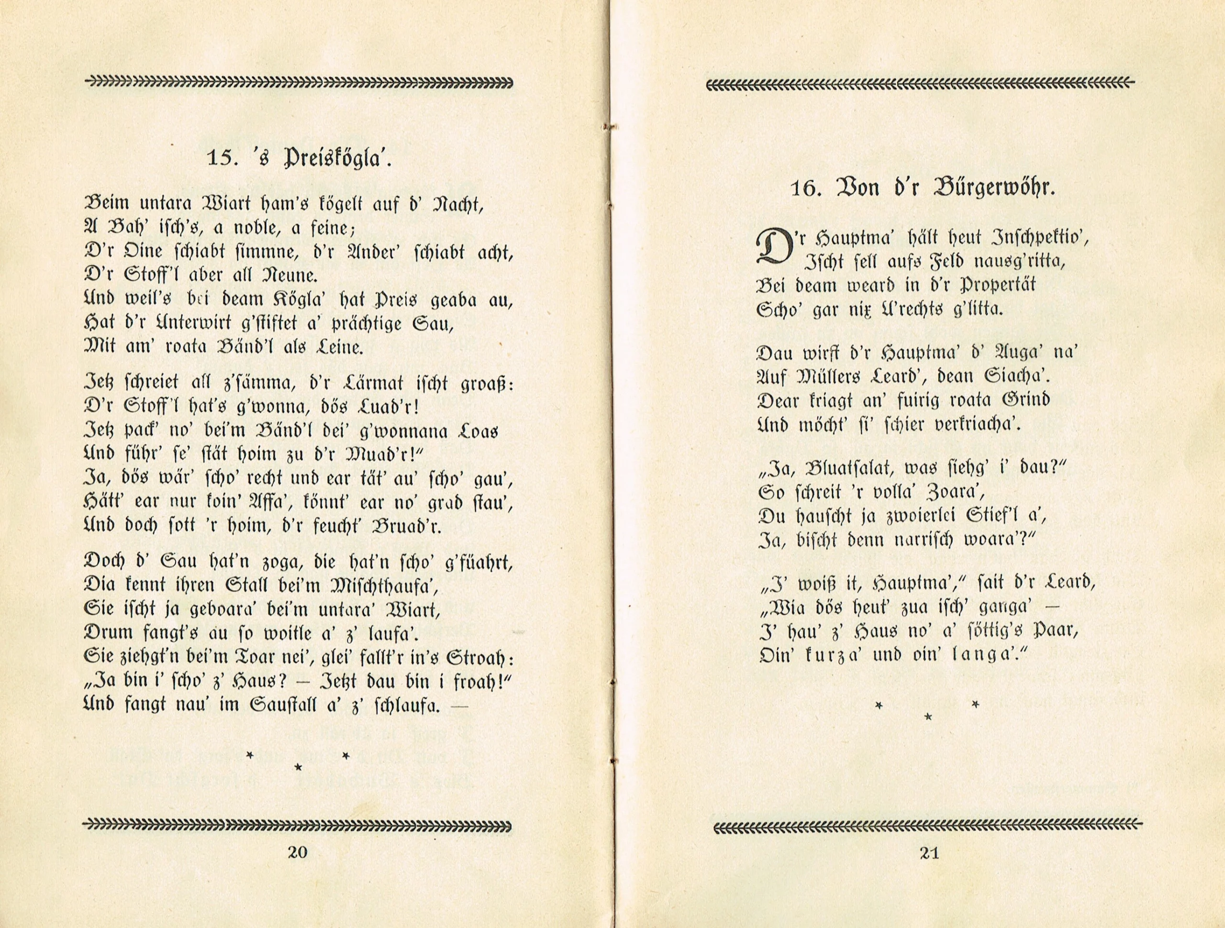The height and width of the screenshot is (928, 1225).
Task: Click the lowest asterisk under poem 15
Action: click(x=299, y=767)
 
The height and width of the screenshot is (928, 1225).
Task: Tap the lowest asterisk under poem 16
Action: click(x=929, y=718)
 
